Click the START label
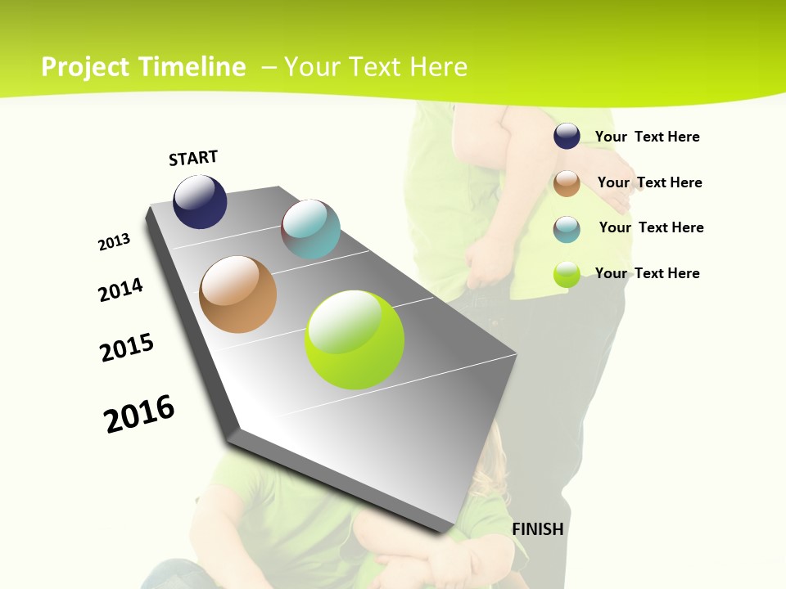point(193,158)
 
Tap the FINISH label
point(537,529)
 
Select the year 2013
point(114,242)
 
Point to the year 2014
point(120,290)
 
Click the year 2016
point(139,413)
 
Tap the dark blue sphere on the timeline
point(200,201)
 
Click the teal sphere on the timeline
point(310,229)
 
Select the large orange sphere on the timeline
point(238,294)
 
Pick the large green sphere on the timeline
point(355,339)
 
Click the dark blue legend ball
point(567,137)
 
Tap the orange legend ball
point(567,183)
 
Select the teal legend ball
point(567,229)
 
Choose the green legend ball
point(567,274)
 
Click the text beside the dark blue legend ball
point(647,137)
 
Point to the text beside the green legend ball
point(647,273)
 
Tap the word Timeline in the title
point(196,67)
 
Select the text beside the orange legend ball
point(649,182)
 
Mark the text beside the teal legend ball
point(651,227)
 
